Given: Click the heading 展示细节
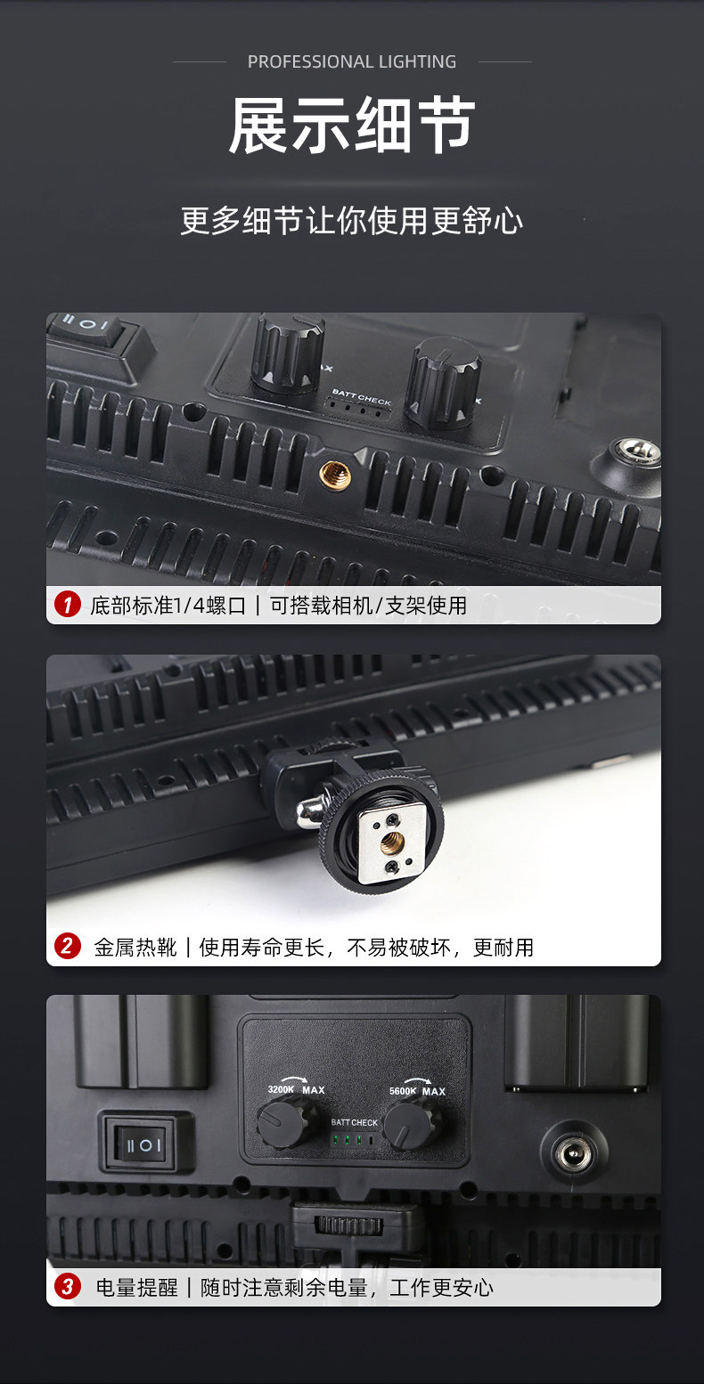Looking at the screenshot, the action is pos(352,126).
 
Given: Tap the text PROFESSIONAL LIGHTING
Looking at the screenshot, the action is pos(352,61).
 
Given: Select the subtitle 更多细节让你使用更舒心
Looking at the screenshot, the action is pos(352,221).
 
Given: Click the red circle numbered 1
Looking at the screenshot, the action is pos(68,604).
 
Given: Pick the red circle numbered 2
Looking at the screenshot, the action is pos(68,946).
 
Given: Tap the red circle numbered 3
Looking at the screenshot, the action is pos(68,1287).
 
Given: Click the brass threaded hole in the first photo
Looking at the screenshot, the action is pos(335,476).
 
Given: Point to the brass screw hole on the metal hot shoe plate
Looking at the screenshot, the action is pos(392,843).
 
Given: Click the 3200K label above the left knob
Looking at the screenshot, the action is pos(281,1088).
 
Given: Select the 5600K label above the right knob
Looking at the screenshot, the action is pos(403,1090).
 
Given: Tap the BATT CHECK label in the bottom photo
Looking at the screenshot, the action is pos(354,1122).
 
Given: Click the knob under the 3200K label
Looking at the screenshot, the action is pos(282,1125).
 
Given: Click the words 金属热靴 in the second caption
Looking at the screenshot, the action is pos(135,947).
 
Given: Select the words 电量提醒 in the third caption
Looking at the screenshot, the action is pos(136,1288).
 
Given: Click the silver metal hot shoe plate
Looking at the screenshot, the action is pos(391,843).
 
